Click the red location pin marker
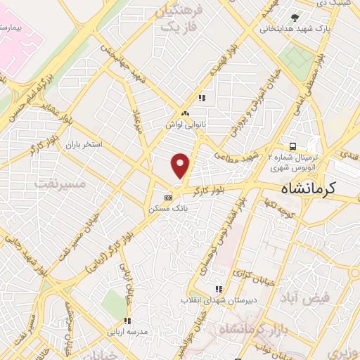pyautogui.click(x=181, y=165)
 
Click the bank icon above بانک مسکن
pyautogui.click(x=167, y=198)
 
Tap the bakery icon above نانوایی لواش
pyautogui.click(x=185, y=113)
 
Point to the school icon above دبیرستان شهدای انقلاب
pyautogui.click(x=218, y=288)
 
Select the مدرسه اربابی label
pyautogui.click(x=127, y=332)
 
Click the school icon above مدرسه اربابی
pyautogui.click(x=127, y=321)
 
